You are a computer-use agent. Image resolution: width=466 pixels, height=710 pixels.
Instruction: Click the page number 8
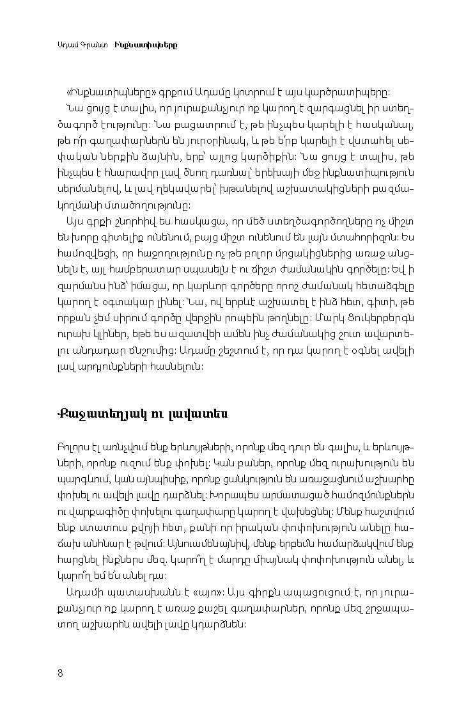pos(59,672)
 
